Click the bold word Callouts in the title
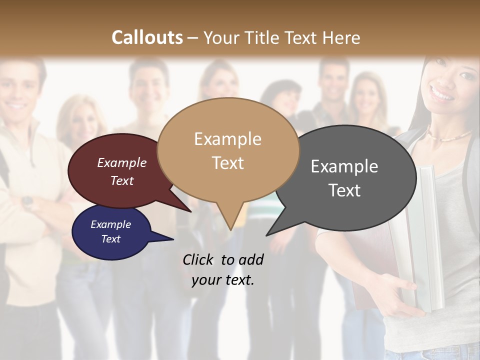pyautogui.click(x=147, y=37)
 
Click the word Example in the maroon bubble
pyautogui.click(x=122, y=162)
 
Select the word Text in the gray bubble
pyautogui.click(x=344, y=190)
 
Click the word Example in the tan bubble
pyautogui.click(x=228, y=138)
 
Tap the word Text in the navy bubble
pyautogui.click(x=111, y=239)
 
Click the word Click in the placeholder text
pyautogui.click(x=198, y=259)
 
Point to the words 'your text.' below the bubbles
pyautogui.click(x=223, y=279)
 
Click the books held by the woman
pyautogui.click(x=425, y=240)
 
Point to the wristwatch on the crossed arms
pyautogui.click(x=27, y=202)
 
